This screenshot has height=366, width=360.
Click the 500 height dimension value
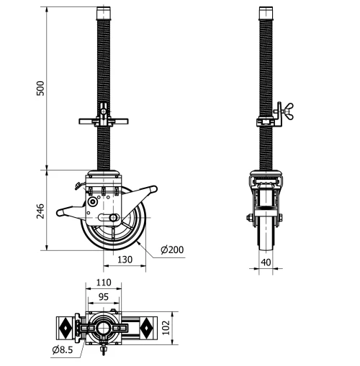pyautogui.click(x=41, y=88)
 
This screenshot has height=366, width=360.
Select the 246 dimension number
pyautogui.click(x=41, y=210)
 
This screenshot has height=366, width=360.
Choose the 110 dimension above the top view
pyautogui.click(x=104, y=283)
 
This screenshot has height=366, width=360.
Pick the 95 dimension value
pyautogui.click(x=104, y=296)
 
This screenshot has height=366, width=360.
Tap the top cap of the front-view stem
pyautogui.click(x=267, y=12)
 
